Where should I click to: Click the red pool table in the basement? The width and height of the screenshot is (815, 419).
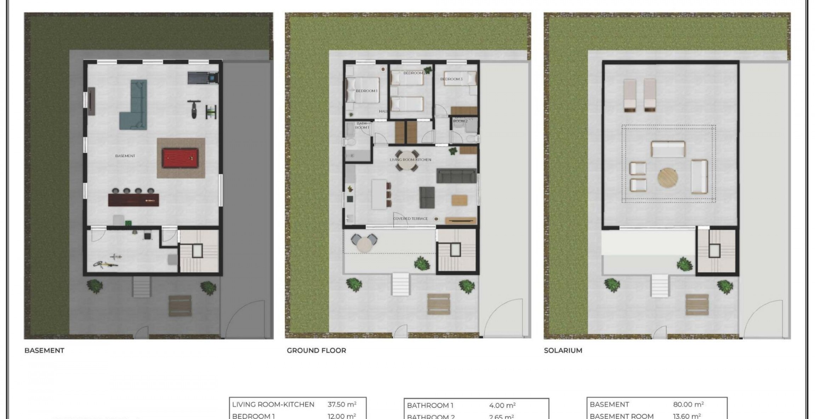180,158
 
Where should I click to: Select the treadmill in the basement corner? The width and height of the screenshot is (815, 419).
202,77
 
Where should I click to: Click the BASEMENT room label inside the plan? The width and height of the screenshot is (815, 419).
125,156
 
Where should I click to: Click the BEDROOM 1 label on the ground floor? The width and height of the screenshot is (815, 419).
366,91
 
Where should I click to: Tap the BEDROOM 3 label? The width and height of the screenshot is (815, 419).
451,79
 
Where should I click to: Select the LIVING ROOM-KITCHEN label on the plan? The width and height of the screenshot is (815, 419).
410,160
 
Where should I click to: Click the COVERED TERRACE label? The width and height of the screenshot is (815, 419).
410,219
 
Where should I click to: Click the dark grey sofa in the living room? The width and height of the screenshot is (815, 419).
456,176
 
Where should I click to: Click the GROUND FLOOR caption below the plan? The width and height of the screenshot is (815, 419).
316,350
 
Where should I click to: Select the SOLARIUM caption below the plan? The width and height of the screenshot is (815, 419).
563,350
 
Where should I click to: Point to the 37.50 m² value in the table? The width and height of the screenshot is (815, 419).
342,404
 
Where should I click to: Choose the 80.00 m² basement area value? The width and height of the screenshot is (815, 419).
688,404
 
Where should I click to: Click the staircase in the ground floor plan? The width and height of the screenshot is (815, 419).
455,251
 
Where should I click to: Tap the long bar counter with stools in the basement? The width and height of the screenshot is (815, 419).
133,200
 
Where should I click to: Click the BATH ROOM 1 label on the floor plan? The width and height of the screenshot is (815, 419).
362,126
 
